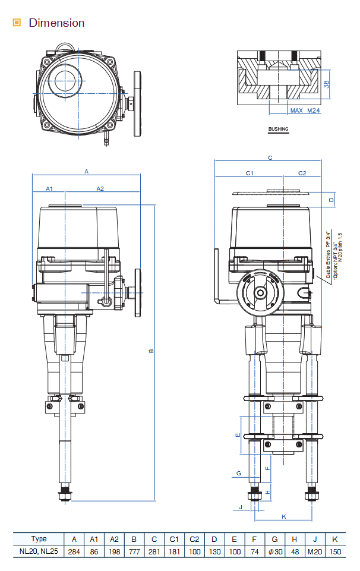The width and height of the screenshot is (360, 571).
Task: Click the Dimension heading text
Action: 56,23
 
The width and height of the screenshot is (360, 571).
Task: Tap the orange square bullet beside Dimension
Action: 17,23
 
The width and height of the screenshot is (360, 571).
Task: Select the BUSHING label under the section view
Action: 278,129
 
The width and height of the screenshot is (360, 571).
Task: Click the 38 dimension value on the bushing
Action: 326,84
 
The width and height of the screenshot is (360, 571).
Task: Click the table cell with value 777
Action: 134,551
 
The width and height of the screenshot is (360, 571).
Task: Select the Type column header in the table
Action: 39,539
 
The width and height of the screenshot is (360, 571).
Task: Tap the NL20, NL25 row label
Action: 39,551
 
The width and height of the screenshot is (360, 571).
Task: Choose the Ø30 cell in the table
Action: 274,551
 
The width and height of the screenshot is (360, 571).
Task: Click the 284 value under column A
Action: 74,551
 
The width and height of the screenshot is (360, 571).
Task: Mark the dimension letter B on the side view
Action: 151,351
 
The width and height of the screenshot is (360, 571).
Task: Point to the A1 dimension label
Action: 50,188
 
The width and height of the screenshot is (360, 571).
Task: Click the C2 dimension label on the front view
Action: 302,173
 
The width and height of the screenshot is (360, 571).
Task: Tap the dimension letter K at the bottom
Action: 284,516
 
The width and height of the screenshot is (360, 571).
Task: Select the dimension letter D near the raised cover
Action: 331,200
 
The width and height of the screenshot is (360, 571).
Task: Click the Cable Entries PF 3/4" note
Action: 328,255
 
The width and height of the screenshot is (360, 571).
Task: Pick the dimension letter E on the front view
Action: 238,435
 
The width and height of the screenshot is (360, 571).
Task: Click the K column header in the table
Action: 335,539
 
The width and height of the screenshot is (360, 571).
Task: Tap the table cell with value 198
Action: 114,551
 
